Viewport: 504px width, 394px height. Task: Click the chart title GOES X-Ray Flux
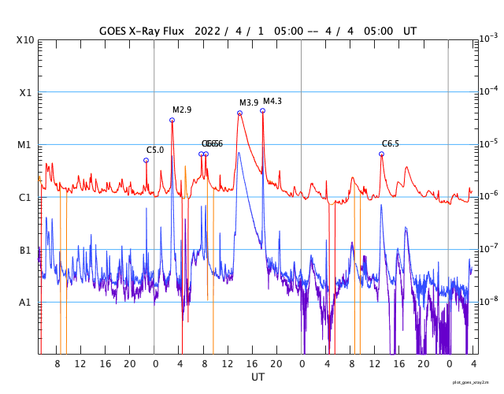pos(141,32)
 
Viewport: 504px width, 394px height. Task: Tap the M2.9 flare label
pos(182,110)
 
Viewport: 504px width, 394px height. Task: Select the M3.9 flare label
pos(249,103)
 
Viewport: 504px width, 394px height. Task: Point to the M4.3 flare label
pos(272,102)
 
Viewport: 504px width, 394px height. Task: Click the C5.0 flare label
pos(155,150)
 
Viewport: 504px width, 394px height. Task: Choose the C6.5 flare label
pos(391,143)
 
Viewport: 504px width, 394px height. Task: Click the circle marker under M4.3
pos(262,110)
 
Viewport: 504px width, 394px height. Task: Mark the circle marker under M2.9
pos(172,120)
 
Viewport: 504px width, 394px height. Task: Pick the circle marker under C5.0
pos(146,160)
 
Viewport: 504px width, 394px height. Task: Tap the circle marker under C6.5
pos(381,154)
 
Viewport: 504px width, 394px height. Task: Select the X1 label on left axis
pos(24,92)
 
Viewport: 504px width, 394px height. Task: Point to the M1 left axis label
pos(24,145)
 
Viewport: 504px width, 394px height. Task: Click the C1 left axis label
pos(24,197)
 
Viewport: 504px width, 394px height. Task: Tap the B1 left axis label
pos(24,250)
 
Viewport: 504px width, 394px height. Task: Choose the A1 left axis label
pos(24,302)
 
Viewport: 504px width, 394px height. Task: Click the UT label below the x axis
pos(258,377)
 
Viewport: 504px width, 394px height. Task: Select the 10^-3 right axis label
pos(487,38)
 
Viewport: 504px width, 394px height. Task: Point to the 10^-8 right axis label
pos(487,300)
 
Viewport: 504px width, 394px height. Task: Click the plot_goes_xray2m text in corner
pos(476,381)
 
